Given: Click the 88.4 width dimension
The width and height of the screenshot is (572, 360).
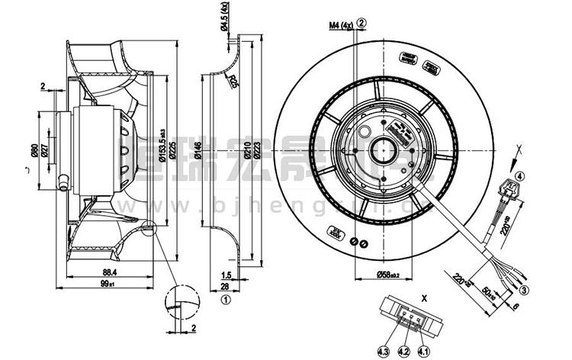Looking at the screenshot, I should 110,272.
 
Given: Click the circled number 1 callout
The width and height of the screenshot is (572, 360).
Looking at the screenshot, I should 225,300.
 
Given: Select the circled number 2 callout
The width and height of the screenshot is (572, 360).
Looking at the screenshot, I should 361,22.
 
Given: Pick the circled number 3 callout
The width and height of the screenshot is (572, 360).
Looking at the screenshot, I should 525,291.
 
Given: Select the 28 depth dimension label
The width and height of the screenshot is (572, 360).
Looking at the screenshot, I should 226,286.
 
